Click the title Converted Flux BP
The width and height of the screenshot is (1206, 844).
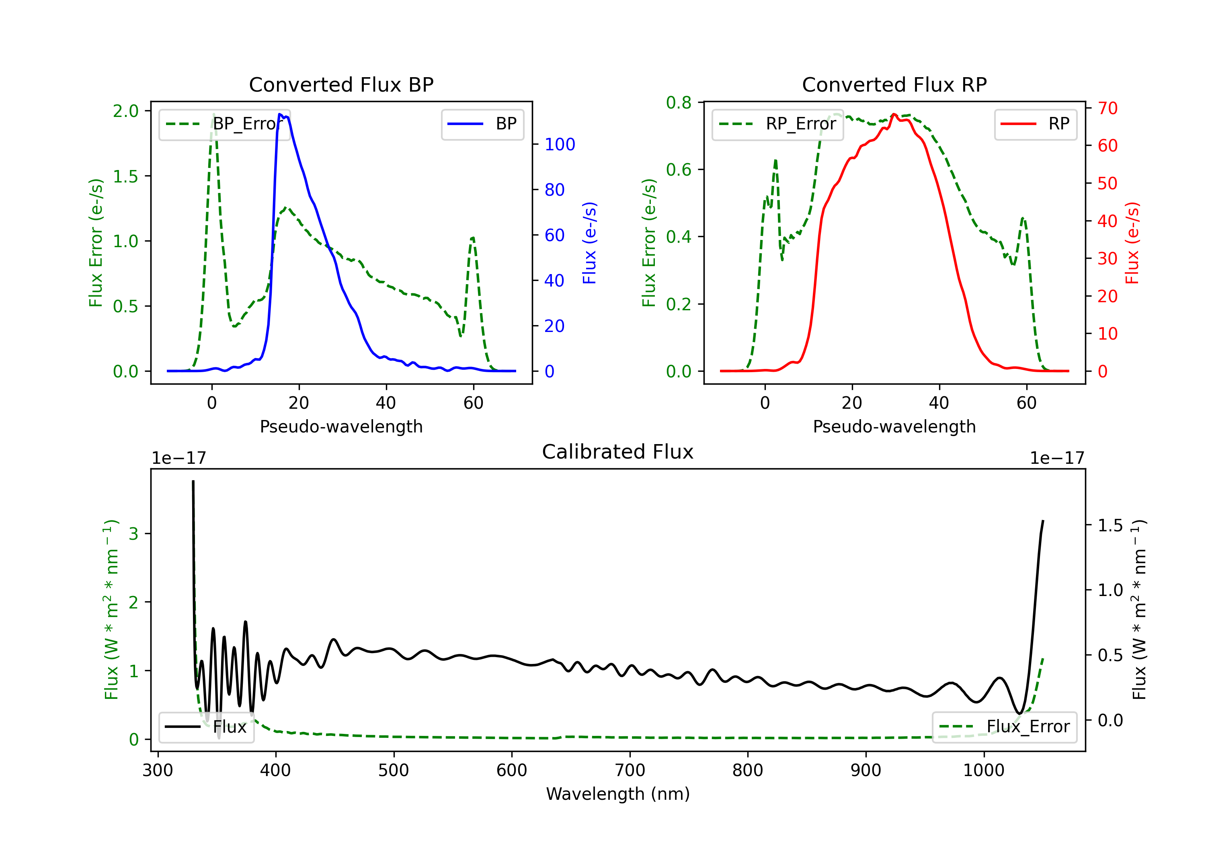coord(341,84)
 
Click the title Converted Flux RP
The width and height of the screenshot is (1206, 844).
coord(894,84)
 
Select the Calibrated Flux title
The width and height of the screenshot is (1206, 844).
coord(618,452)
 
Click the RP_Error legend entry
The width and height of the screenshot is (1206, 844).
coord(777,124)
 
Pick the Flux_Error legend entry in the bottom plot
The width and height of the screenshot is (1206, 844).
coord(1004,727)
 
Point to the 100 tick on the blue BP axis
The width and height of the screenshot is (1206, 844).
coord(560,144)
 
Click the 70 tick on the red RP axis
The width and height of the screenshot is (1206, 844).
coord(1107,108)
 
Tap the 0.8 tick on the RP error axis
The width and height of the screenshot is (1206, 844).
coord(679,102)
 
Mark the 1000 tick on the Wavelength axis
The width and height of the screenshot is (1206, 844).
coord(983,770)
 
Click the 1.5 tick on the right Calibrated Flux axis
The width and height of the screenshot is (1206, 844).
coord(1110,525)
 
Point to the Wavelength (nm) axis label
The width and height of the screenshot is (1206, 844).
coord(618,794)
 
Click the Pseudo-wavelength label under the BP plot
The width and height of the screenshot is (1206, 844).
coord(341,426)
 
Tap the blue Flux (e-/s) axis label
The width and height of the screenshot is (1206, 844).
coord(589,243)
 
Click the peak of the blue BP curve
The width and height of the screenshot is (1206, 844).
coord(280,114)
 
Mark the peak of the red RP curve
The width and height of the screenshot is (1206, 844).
coord(894,115)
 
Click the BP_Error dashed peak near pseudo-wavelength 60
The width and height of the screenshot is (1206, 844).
coord(473,238)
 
